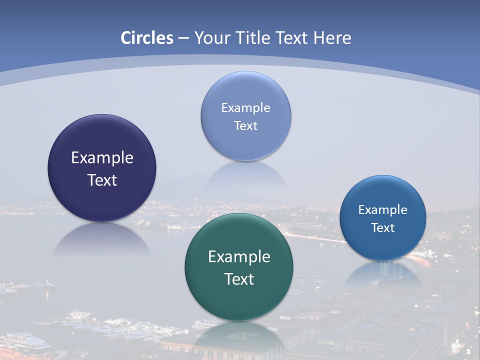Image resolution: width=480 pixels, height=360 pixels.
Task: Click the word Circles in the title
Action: click(147, 38)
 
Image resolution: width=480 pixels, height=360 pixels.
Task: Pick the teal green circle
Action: click(239, 300)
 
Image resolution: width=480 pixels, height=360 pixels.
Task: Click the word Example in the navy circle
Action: click(102, 158)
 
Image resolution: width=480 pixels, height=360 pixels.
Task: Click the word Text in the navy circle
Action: click(102, 180)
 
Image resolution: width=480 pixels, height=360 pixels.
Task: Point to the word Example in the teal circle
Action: click(239, 257)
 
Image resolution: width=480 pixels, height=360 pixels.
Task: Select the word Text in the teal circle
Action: click(239, 279)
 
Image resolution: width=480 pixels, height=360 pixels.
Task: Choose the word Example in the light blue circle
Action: click(246, 108)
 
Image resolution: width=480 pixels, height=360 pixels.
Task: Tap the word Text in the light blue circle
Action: click(246, 126)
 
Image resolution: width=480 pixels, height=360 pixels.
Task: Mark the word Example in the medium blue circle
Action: click(383, 210)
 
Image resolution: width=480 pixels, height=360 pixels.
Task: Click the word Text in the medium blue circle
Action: click(383, 228)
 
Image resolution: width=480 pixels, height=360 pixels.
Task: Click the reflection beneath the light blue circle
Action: click(246, 175)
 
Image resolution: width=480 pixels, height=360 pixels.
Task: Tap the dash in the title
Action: click(183, 38)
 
